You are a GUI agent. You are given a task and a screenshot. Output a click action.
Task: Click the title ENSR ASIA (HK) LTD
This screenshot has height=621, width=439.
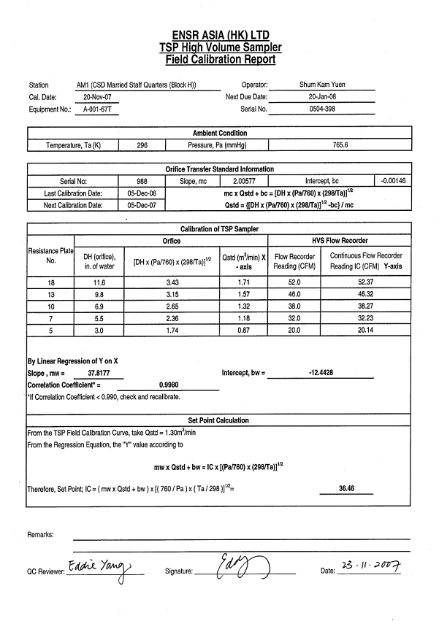[x=220, y=34]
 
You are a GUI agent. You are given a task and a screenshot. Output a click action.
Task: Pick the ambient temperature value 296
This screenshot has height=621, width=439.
[x=142, y=145]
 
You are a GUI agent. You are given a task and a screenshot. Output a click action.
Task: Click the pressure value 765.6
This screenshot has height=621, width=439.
[x=340, y=145]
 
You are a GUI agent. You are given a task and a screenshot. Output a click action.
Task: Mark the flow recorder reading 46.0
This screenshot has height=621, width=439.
[x=294, y=294]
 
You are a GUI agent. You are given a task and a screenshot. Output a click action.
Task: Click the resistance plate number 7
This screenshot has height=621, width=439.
[x=50, y=320]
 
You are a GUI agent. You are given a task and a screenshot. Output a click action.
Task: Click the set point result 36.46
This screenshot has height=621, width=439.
[x=347, y=488]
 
